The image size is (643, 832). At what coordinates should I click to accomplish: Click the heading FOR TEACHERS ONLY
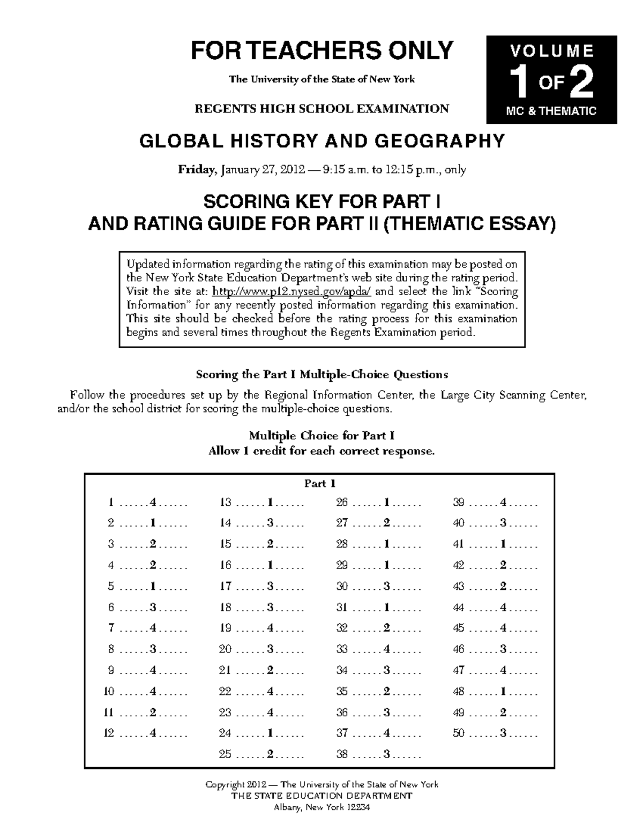(322, 50)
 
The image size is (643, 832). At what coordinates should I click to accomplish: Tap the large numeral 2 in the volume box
(581, 83)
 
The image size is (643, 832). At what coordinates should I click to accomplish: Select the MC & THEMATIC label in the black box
(551, 111)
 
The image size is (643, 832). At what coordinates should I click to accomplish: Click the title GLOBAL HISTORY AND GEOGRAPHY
(322, 141)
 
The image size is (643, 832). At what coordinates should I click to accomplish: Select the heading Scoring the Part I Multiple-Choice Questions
(322, 374)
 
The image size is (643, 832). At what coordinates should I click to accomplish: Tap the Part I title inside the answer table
(320, 484)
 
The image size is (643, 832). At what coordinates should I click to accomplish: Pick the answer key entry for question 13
(270, 503)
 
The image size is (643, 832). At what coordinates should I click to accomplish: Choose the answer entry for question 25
(270, 754)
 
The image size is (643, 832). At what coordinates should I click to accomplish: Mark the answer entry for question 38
(387, 754)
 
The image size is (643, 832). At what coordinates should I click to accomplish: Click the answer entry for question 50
(503, 733)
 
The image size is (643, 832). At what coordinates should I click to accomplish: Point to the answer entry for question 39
(503, 503)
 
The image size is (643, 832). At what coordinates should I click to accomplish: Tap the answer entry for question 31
(387, 608)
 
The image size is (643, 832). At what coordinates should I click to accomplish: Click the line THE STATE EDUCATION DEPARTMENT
(322, 796)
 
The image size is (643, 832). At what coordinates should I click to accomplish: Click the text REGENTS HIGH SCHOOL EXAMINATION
(322, 109)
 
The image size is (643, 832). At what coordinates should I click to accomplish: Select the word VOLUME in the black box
(551, 51)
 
